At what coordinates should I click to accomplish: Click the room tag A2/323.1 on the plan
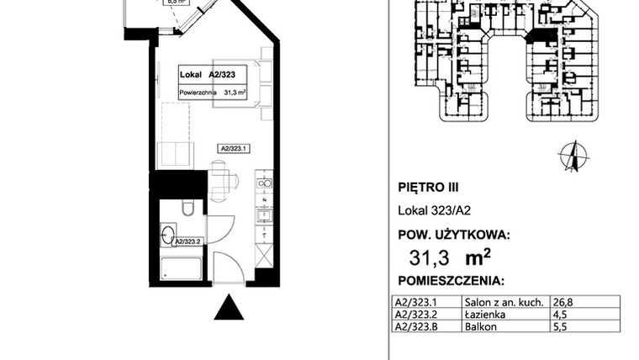[x=235, y=147]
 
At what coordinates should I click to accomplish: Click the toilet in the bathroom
[x=188, y=209]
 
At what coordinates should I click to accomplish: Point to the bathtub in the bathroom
[x=179, y=270]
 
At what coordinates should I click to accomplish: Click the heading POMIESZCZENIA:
[x=450, y=279]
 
